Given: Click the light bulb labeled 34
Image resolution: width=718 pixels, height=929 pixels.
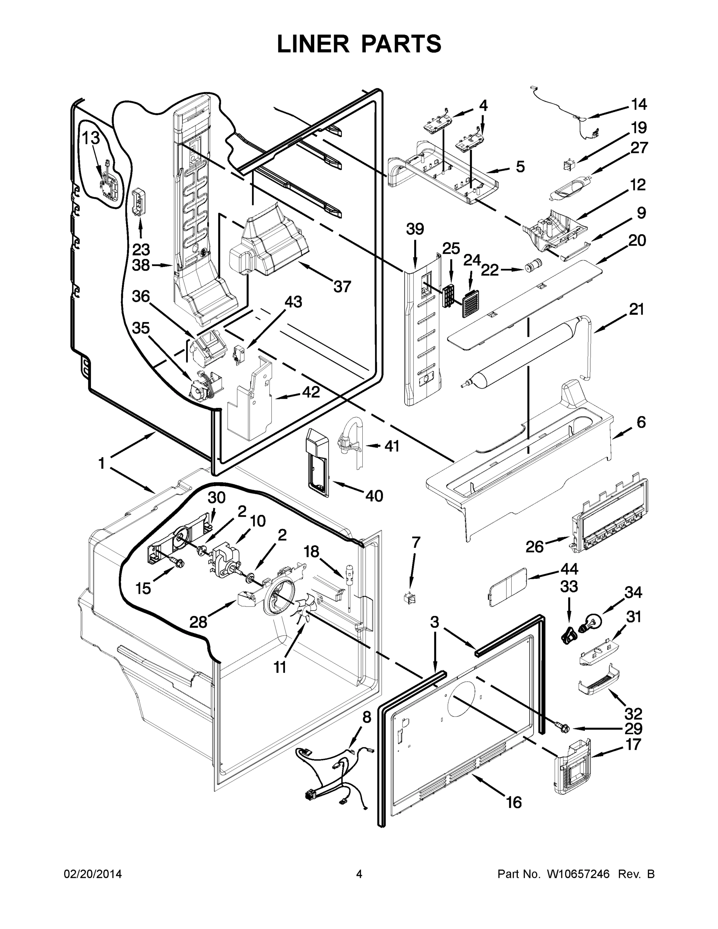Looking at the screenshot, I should [x=595, y=621].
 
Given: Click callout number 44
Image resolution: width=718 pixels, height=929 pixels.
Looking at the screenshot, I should [x=569, y=569].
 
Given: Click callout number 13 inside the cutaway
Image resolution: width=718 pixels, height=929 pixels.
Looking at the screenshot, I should [x=91, y=138].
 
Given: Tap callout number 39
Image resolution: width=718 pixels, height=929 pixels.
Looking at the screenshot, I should [x=415, y=229].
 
